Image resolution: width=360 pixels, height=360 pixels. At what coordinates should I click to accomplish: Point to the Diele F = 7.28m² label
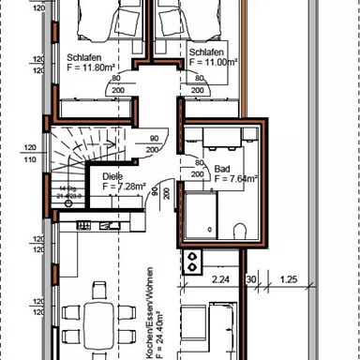(x=116, y=181)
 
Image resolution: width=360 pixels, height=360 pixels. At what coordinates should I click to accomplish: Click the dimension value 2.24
(x=221, y=279)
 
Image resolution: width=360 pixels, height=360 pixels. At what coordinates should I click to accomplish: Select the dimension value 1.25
(x=289, y=279)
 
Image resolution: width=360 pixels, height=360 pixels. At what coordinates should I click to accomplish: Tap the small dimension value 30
(x=250, y=279)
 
